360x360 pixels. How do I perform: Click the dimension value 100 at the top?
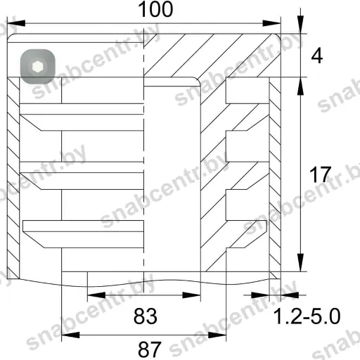coord(155,9)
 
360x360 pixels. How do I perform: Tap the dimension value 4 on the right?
coord(317,56)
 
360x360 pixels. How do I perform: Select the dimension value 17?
coord(320,174)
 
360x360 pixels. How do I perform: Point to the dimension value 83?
coord(146,316)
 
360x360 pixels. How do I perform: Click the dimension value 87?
coord(150,349)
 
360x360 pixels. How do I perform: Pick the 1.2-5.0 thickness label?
coord(307,316)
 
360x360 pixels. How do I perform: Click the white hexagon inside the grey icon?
coord(37,67)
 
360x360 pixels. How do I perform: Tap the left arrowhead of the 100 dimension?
coord(16,23)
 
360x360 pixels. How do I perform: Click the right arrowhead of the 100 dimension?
coord(271,23)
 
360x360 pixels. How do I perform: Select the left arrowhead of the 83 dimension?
coord(96,295)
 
